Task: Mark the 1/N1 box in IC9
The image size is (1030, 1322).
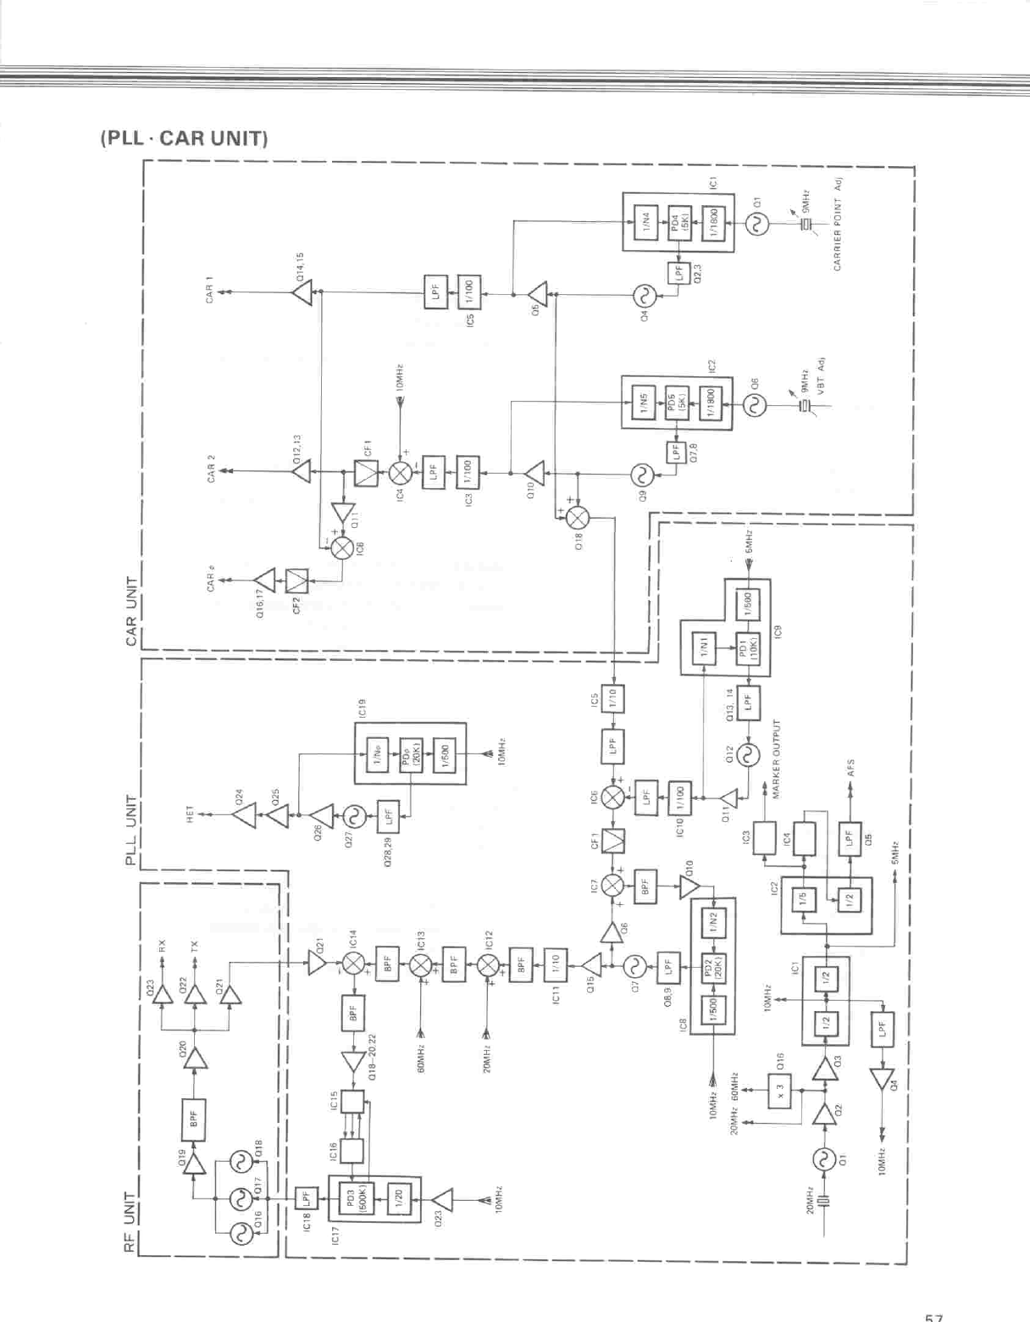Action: [706, 647]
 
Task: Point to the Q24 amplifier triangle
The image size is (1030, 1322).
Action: [244, 816]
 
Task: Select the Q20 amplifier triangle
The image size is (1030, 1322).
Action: [197, 1058]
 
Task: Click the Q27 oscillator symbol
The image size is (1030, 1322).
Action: [351, 817]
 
